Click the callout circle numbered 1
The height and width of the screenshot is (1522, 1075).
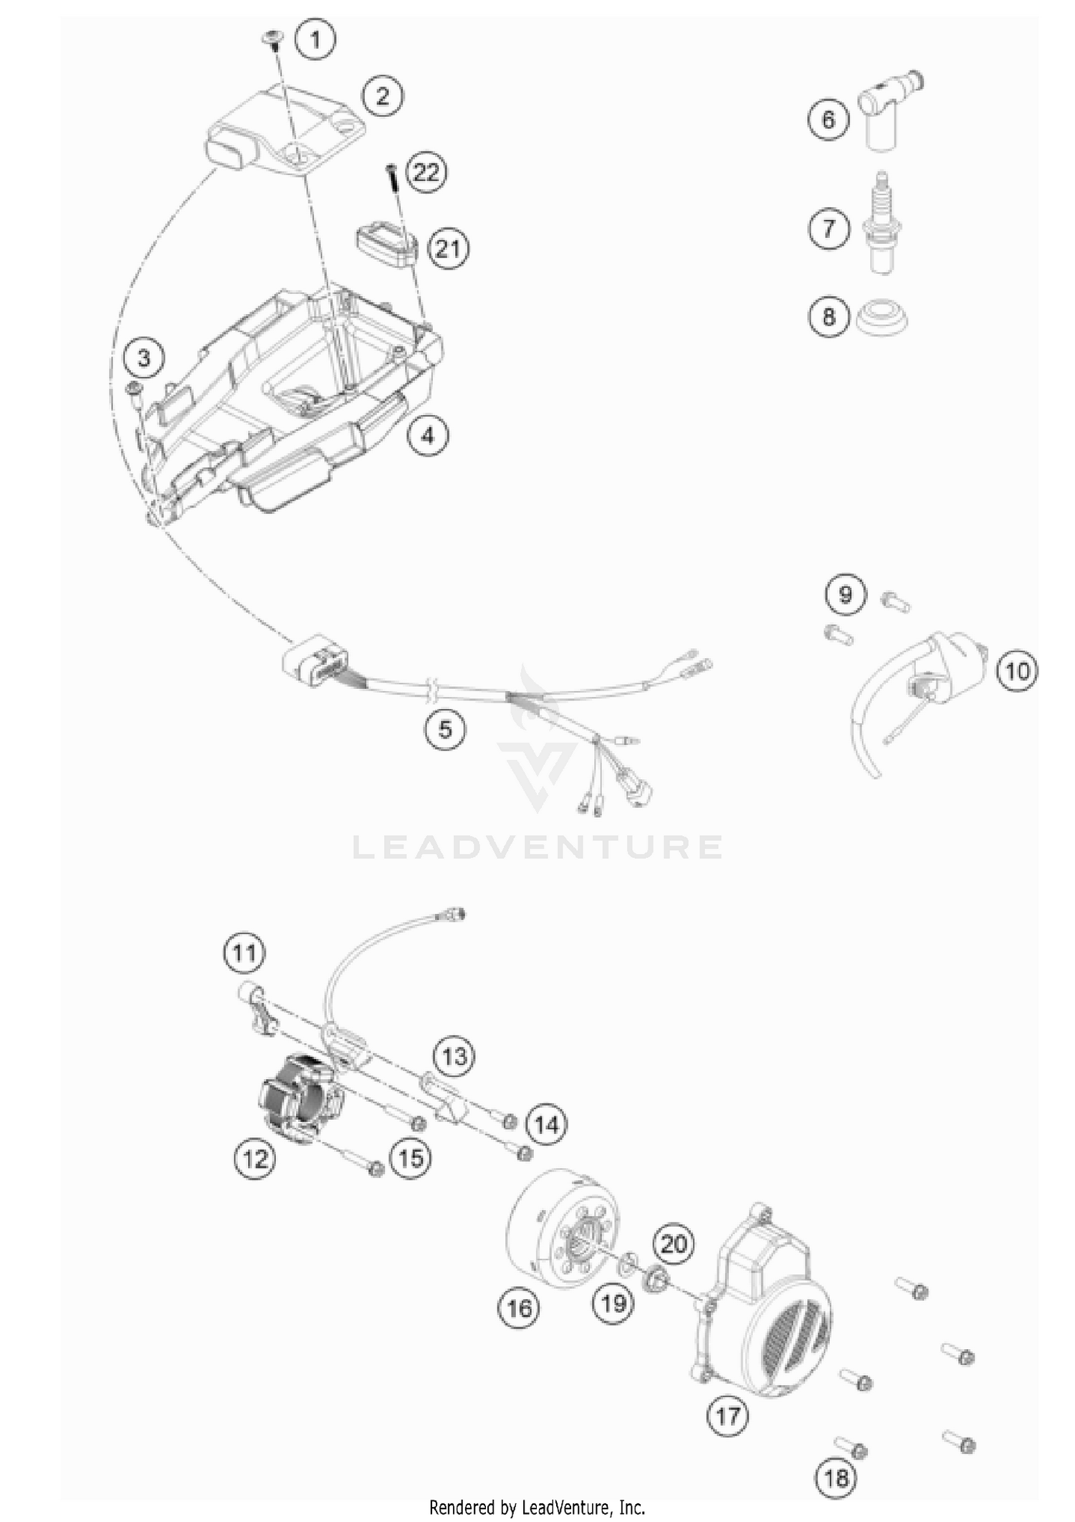(x=315, y=39)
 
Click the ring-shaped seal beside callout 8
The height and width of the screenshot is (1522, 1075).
(x=882, y=316)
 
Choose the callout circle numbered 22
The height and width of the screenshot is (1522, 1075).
(x=426, y=173)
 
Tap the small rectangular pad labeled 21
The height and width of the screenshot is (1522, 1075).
(x=387, y=244)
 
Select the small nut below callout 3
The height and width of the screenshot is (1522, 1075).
(x=133, y=389)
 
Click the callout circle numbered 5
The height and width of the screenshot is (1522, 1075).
(x=445, y=729)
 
